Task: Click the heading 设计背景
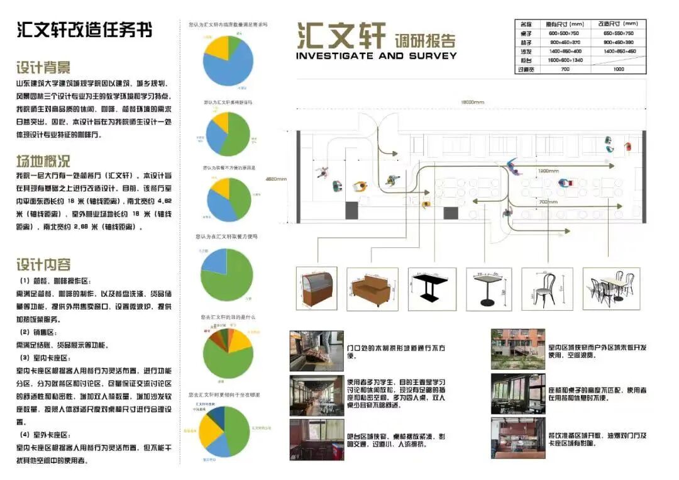[43, 67]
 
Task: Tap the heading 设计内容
[43, 264]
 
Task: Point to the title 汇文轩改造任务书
[84, 30]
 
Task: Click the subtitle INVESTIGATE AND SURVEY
[376, 55]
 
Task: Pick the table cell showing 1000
[618, 69]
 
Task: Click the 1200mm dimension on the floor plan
[548, 170]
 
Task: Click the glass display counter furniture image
[316, 289]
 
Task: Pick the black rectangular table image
[431, 289]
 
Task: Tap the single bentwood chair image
[546, 289]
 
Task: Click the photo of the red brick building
[509, 349]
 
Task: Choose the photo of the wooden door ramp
[316, 350]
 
